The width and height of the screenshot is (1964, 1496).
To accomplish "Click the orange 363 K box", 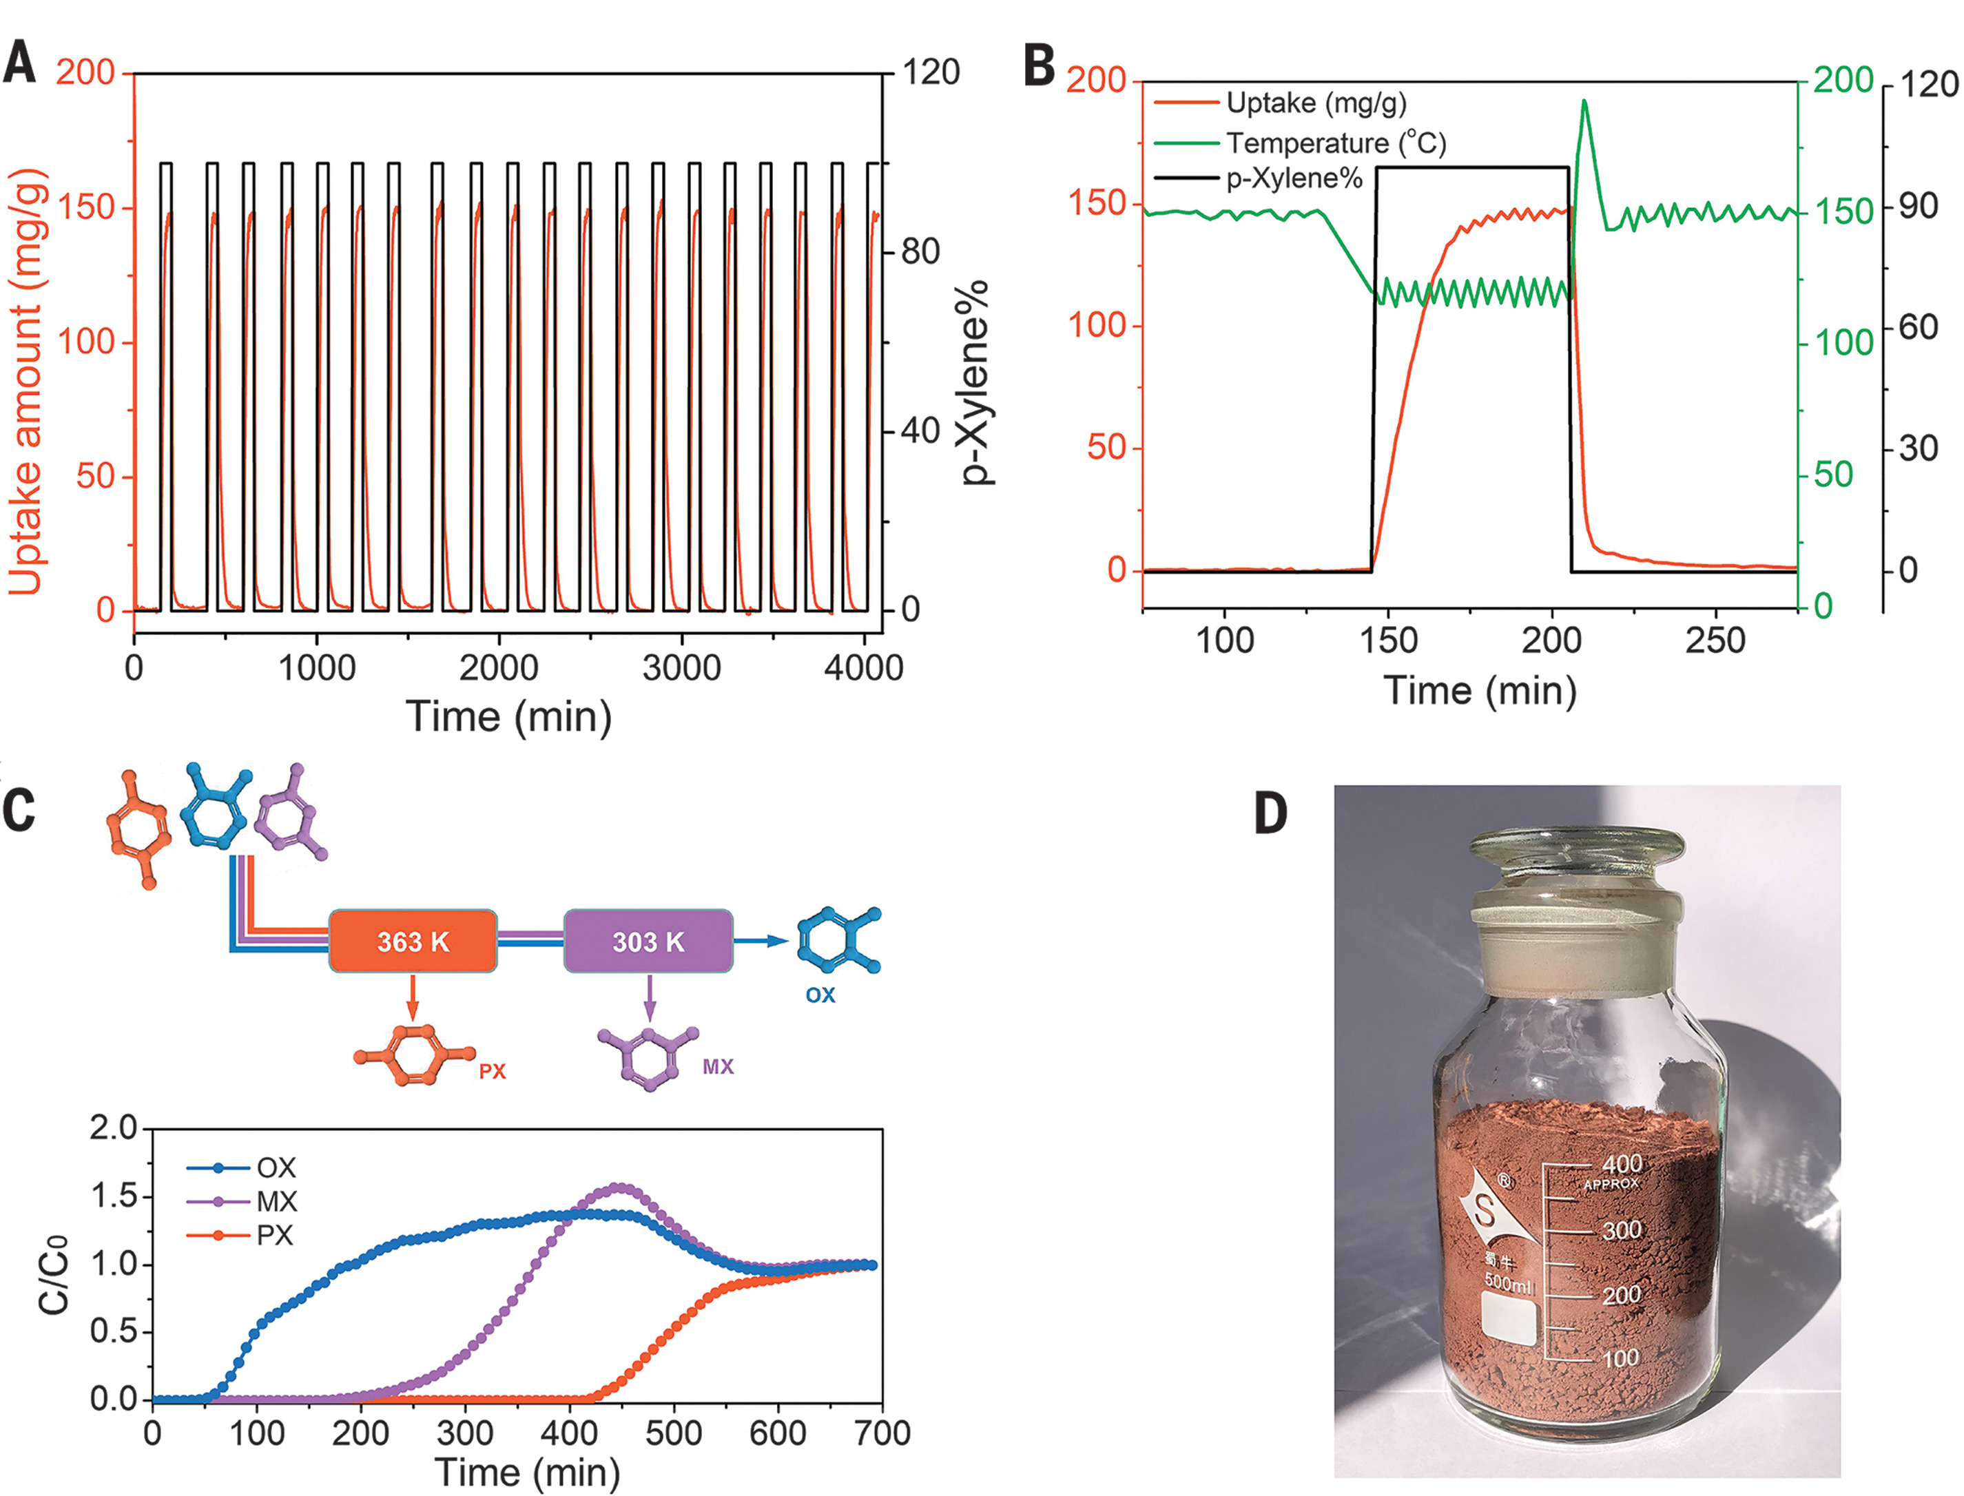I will pyautogui.click(x=413, y=942).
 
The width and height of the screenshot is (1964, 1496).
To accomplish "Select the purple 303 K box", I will pyautogui.click(x=648, y=942).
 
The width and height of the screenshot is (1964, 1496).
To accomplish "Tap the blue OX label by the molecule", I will pyautogui.click(x=820, y=995).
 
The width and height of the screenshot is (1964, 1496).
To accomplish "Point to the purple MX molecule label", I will pyautogui.click(x=718, y=1067).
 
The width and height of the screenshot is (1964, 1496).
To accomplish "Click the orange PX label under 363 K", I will pyautogui.click(x=492, y=1071).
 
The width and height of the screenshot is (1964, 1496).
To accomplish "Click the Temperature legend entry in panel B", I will pyautogui.click(x=1335, y=143).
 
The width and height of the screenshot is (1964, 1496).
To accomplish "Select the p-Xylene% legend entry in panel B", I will pyautogui.click(x=1293, y=179).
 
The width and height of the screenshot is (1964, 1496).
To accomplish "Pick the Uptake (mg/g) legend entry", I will pyautogui.click(x=1316, y=103).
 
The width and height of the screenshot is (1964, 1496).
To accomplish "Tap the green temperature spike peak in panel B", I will pyautogui.click(x=1584, y=101).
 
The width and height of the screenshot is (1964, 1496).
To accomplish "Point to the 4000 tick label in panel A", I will pyautogui.click(x=862, y=668).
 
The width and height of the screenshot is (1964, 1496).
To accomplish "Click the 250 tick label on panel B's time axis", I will pyautogui.click(x=1715, y=641).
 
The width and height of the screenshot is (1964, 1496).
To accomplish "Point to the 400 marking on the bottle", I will pyautogui.click(x=1621, y=1164).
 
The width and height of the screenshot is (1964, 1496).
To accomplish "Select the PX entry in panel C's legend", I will pyautogui.click(x=274, y=1236).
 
